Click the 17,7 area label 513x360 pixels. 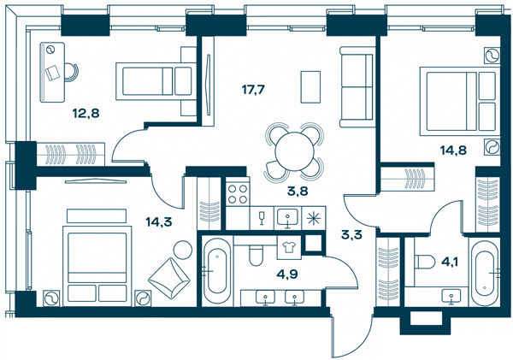pyautogui.click(x=253, y=89)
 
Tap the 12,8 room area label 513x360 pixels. pyautogui.click(x=86, y=114)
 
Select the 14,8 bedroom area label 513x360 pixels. pyautogui.click(x=453, y=150)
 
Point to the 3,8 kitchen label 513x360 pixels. pyautogui.click(x=298, y=191)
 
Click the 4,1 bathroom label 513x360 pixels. pyautogui.click(x=448, y=262)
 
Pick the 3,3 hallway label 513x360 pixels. pyautogui.click(x=351, y=234)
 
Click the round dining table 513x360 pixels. pyautogui.click(x=294, y=151)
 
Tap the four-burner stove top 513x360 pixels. pyautogui.click(x=238, y=194)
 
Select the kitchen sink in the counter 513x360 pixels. pyautogui.click(x=287, y=217)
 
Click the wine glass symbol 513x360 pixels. pyautogui.click(x=262, y=218)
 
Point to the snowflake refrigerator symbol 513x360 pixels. pyautogui.click(x=314, y=218)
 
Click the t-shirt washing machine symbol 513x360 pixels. pyautogui.click(x=289, y=247)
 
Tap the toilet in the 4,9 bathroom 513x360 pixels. pyautogui.click(x=256, y=254)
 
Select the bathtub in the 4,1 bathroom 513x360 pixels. pyautogui.click(x=485, y=272)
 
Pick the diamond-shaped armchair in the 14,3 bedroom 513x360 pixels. pyautogui.click(x=168, y=278)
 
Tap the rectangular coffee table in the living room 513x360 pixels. pyautogui.click(x=310, y=86)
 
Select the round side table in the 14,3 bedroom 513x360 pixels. pyautogui.click(x=183, y=250)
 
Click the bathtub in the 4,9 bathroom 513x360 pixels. pyautogui.click(x=217, y=271)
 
